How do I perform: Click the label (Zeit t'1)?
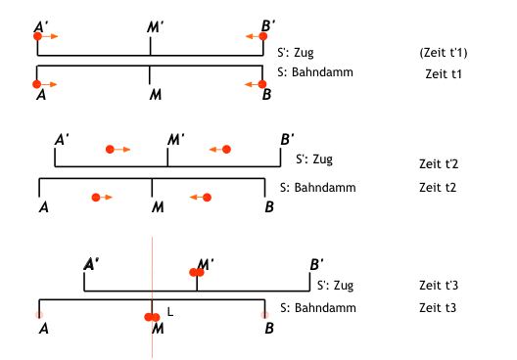pyautogui.click(x=444, y=53)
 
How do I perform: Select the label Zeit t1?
pyautogui.click(x=444, y=74)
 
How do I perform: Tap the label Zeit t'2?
pyautogui.click(x=439, y=163)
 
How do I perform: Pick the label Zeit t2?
pyautogui.click(x=438, y=188)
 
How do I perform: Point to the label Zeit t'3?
pyautogui.click(x=439, y=285)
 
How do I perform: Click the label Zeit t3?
pyautogui.click(x=438, y=307)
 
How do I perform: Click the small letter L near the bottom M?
pyautogui.click(x=170, y=312)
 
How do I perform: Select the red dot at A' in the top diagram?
pyautogui.click(x=37, y=36)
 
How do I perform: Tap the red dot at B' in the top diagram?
pyautogui.click(x=263, y=36)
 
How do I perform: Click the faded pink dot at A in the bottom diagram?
pyautogui.click(x=39, y=315)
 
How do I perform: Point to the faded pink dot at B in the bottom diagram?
pyautogui.click(x=264, y=315)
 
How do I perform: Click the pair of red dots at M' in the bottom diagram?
pyautogui.click(x=197, y=272)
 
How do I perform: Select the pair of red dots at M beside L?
pyautogui.click(x=152, y=317)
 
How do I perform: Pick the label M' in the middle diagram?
pyautogui.click(x=175, y=139)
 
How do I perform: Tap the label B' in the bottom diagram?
pyautogui.click(x=316, y=264)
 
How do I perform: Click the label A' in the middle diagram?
pyautogui.click(x=62, y=139)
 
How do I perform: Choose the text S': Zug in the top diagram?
pyautogui.click(x=296, y=53)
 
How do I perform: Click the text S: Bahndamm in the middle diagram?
pyautogui.click(x=318, y=188)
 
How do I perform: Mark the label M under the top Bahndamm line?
pyautogui.click(x=156, y=95)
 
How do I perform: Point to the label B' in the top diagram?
pyautogui.click(x=268, y=25)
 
